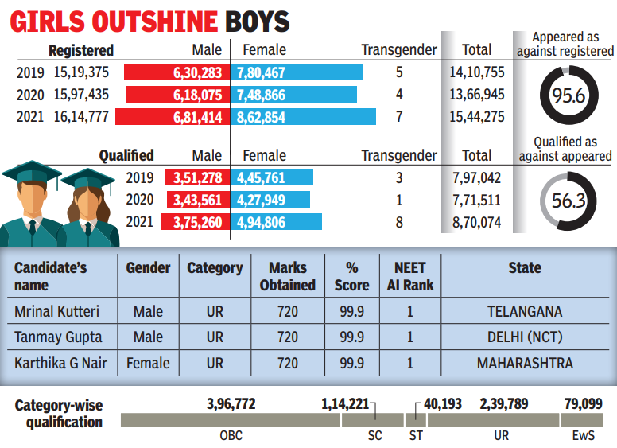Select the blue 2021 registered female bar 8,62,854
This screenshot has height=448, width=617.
tap(304, 117)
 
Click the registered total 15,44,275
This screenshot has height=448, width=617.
tap(477, 117)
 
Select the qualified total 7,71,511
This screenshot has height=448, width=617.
tap(477, 200)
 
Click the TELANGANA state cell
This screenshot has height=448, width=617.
tap(524, 312)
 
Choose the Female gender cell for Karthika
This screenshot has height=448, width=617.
tap(148, 364)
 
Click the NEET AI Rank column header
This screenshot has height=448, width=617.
tap(409, 276)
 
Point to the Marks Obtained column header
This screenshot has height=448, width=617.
tap(287, 276)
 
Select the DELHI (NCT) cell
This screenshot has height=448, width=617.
tap(524, 337)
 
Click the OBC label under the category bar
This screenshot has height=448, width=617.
tap(231, 436)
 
